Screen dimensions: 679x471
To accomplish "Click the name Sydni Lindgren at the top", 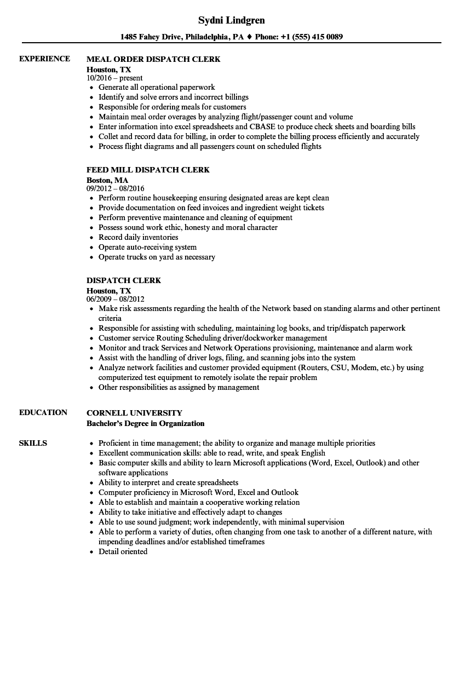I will tap(231, 20).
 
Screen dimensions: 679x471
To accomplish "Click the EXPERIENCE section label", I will tap(44, 59).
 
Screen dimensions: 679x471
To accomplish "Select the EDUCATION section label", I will tap(43, 412).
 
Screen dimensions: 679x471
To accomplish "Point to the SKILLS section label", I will tap(33, 443).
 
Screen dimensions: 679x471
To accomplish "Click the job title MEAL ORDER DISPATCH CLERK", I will tap(153, 59).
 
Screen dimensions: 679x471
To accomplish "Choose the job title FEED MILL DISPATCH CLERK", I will tap(148, 170).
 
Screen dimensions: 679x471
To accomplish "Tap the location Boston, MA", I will tap(107, 180).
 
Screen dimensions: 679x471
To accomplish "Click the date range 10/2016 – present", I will tap(114, 78).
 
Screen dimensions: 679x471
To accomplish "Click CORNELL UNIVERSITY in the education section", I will tap(134, 413).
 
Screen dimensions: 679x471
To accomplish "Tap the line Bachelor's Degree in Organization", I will tap(145, 423).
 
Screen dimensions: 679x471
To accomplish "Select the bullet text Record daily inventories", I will tap(138, 237).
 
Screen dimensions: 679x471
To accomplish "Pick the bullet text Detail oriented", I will tap(123, 551).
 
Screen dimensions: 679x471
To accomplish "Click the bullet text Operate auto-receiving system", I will tap(147, 247).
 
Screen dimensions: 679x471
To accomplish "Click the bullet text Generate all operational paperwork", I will tap(157, 87).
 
